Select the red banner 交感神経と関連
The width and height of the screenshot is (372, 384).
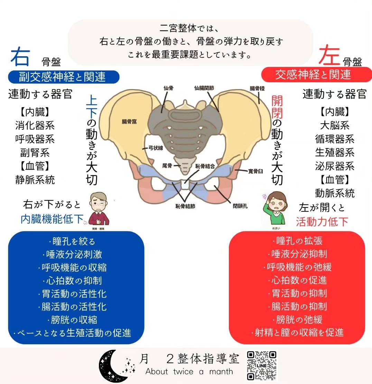[x=313, y=74]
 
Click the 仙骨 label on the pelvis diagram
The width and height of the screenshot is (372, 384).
[x=168, y=88]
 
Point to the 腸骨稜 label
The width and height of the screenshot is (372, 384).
[x=257, y=89]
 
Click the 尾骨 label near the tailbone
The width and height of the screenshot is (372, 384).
[x=167, y=166]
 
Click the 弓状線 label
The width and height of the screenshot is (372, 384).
[x=155, y=147]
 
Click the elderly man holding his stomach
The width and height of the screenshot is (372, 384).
[x=99, y=209]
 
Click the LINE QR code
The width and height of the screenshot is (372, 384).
[x=262, y=365]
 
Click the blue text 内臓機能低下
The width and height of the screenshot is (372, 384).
[x=52, y=219]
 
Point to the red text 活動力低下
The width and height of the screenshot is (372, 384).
[x=322, y=222]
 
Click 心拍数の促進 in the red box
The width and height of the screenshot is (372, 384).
[x=297, y=280]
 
